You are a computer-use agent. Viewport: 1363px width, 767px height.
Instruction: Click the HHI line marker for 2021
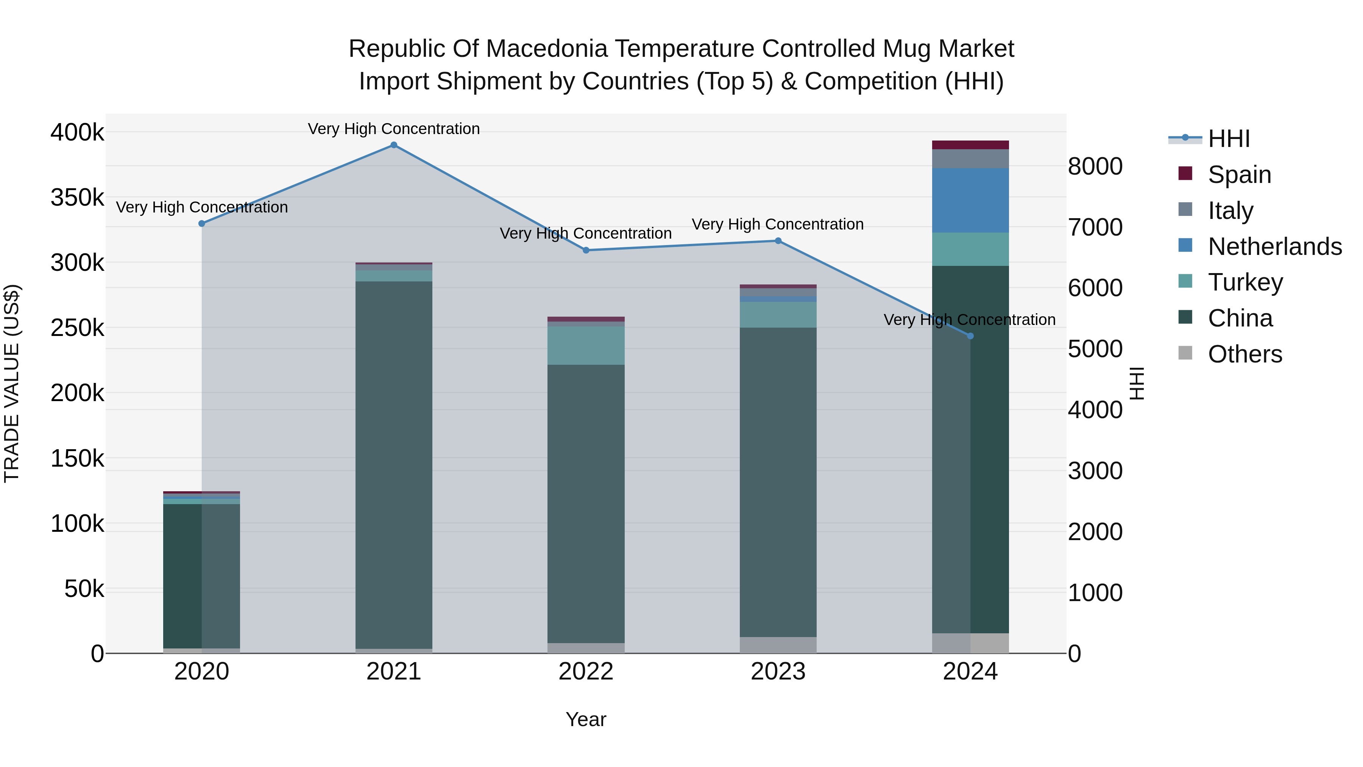pyautogui.click(x=394, y=145)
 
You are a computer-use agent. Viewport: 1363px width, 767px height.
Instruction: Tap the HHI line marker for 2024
pyautogui.click(x=970, y=336)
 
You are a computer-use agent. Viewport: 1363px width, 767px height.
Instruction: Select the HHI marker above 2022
pyautogui.click(x=586, y=250)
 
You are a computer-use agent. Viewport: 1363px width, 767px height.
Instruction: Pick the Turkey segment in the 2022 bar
pyautogui.click(x=586, y=345)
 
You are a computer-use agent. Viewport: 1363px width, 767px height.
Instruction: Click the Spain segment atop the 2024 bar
pyautogui.click(x=970, y=145)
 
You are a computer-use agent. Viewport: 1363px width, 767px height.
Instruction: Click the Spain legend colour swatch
pyautogui.click(x=1185, y=173)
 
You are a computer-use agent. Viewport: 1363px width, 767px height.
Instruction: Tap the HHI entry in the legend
pyautogui.click(x=1229, y=139)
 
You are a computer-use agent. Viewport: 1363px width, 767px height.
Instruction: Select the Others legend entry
pyautogui.click(x=1244, y=354)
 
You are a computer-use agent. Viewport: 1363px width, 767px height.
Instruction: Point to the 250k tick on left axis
pyautogui.click(x=77, y=328)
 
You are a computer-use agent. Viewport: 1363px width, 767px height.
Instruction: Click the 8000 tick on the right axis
pyautogui.click(x=1095, y=166)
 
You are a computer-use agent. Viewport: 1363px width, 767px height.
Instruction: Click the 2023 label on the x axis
pyautogui.click(x=778, y=672)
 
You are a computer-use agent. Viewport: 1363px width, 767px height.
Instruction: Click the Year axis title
pyautogui.click(x=586, y=719)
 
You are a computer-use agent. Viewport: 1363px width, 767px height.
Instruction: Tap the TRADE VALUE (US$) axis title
pyautogui.click(x=12, y=383)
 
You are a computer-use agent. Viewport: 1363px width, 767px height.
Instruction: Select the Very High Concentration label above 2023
pyautogui.click(x=777, y=225)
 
